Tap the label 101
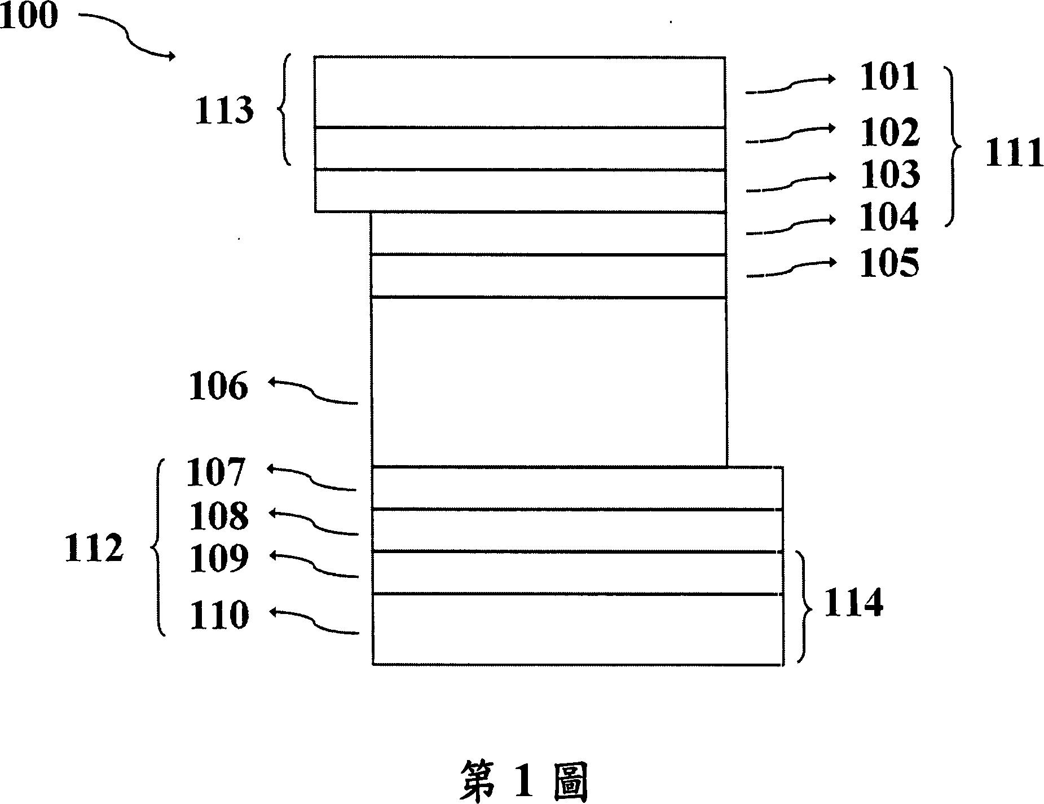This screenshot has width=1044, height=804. (889, 77)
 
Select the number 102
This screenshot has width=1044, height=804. (889, 132)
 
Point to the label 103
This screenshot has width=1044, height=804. (889, 175)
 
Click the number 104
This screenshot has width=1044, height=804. (889, 218)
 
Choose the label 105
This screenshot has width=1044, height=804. (889, 263)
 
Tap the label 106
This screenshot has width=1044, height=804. (218, 387)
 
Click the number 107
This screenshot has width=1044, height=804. (216, 472)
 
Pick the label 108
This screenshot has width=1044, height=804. (218, 516)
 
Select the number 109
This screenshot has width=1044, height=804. (218, 559)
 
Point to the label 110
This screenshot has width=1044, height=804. (218, 615)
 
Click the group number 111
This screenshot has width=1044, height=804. (1014, 153)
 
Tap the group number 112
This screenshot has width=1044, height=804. (94, 549)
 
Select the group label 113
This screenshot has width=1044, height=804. (223, 111)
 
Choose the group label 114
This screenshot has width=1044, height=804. (853, 604)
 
